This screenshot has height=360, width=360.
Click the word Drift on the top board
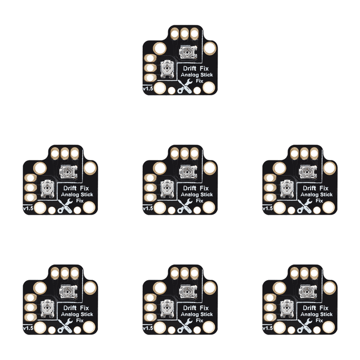pyautogui.click(x=190, y=69)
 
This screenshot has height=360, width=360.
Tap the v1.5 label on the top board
pyautogui.click(x=148, y=88)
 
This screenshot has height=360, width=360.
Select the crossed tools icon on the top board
pyautogui.click(x=185, y=86)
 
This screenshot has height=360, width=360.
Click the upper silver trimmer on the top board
pyautogui.click(x=188, y=52)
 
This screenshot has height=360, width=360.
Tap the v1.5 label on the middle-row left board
pyautogui.click(x=28, y=208)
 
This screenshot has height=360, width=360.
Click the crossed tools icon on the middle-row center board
pyautogui.click(x=185, y=206)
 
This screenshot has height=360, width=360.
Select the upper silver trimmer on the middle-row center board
pyautogui.click(x=188, y=172)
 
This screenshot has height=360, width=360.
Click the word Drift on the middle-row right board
pyautogui.click(x=309, y=188)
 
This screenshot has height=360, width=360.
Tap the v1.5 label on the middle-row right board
pyautogui.click(x=268, y=208)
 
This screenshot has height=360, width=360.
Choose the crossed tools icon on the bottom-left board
pyautogui.click(x=65, y=326)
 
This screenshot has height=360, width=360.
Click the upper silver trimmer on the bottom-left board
pyautogui.click(x=68, y=292)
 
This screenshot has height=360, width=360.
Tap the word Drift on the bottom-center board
pyautogui.click(x=190, y=308)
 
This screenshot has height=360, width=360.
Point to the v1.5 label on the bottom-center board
pyautogui.click(x=148, y=328)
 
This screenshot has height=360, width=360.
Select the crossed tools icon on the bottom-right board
pyautogui.click(x=305, y=326)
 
